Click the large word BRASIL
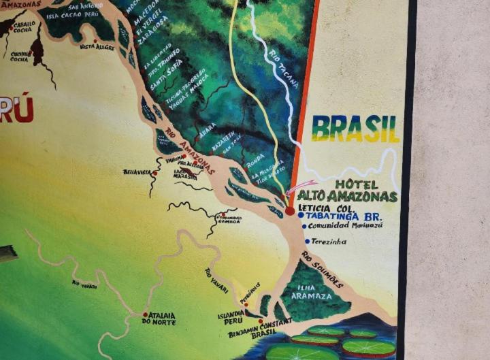[355, 128]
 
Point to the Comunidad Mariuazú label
[344, 225]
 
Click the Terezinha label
[329, 242]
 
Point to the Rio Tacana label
[284, 69]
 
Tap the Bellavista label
[136, 173]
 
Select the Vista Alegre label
[97, 47]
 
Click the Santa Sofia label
[166, 84]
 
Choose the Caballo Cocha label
[24, 27]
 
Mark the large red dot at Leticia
[290, 211]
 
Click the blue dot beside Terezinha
[308, 241]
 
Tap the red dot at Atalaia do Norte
[145, 314]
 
